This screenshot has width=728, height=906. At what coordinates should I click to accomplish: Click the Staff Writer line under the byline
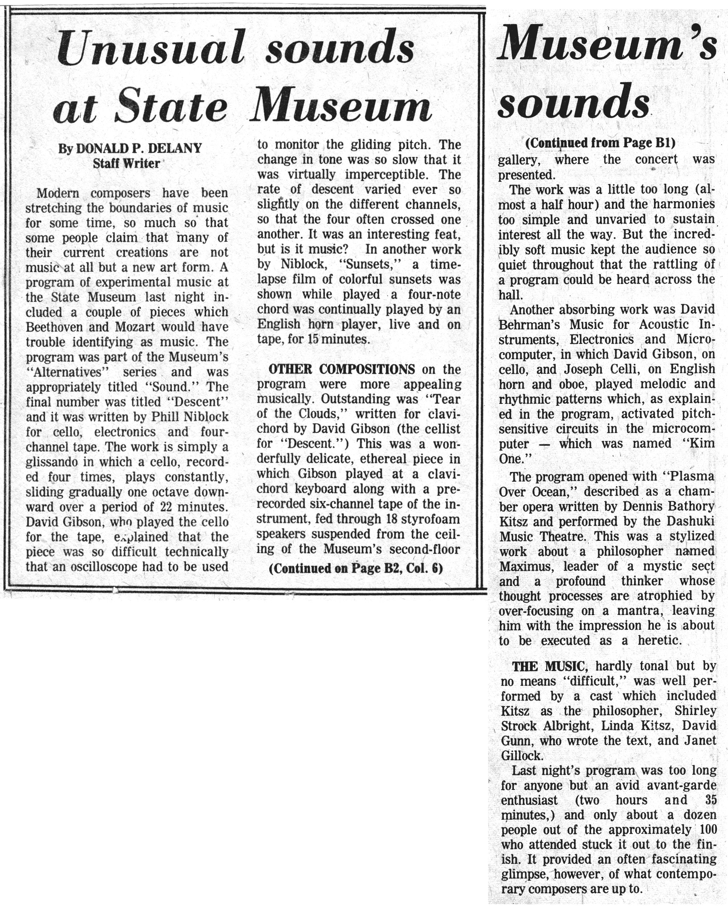click(x=127, y=163)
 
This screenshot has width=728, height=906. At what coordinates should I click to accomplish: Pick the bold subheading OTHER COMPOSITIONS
click(x=341, y=369)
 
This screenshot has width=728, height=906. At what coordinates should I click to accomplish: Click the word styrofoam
click(x=427, y=519)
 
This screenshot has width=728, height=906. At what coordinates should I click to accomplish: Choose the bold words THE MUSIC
click(x=548, y=666)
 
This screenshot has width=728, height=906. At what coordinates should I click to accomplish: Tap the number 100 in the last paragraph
click(x=708, y=830)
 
